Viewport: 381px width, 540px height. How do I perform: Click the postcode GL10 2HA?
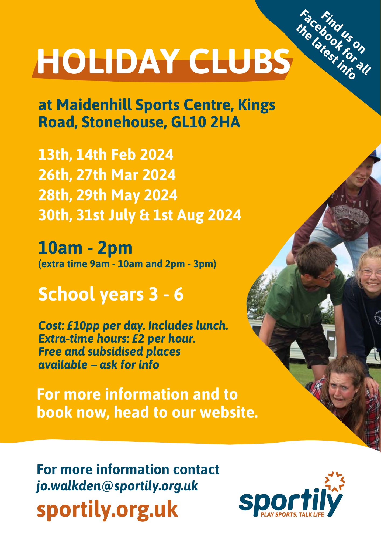click(205, 122)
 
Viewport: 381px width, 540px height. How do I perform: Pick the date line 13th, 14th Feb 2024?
click(106, 155)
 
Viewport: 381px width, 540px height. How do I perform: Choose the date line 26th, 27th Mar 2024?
click(107, 175)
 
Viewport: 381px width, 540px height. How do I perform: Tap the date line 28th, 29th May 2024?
click(108, 195)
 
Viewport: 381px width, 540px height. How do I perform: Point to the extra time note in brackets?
click(127, 264)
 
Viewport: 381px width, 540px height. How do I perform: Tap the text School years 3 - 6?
click(111, 294)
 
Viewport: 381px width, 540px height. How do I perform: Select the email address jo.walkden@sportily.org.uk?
click(117, 486)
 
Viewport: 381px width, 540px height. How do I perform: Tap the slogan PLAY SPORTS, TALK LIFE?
click(292, 515)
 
